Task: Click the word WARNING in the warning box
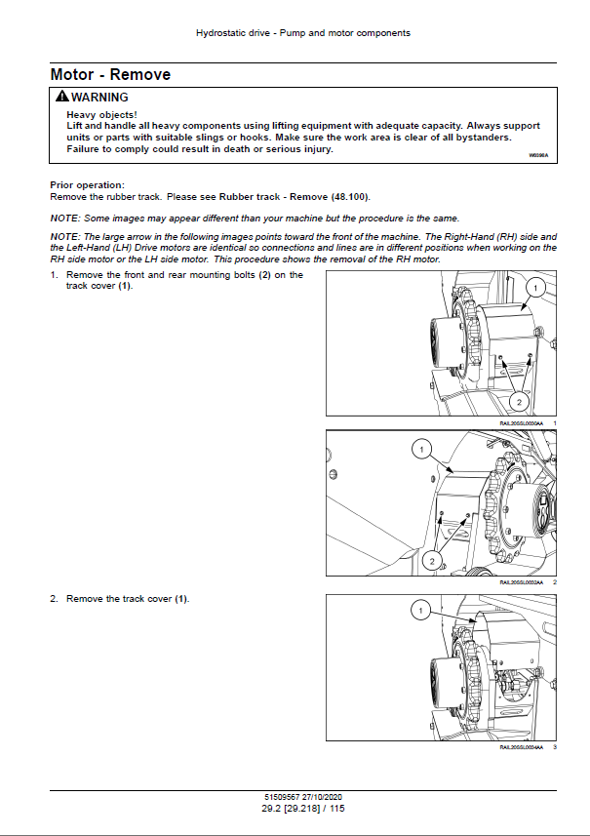click(x=99, y=98)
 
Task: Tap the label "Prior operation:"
click(x=87, y=185)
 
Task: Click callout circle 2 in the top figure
click(x=520, y=402)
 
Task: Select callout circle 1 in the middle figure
click(x=419, y=450)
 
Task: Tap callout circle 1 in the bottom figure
click(x=419, y=612)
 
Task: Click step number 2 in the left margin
click(x=54, y=599)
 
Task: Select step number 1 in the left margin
click(x=54, y=275)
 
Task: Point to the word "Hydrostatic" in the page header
click(x=219, y=33)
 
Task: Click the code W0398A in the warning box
click(x=538, y=155)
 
